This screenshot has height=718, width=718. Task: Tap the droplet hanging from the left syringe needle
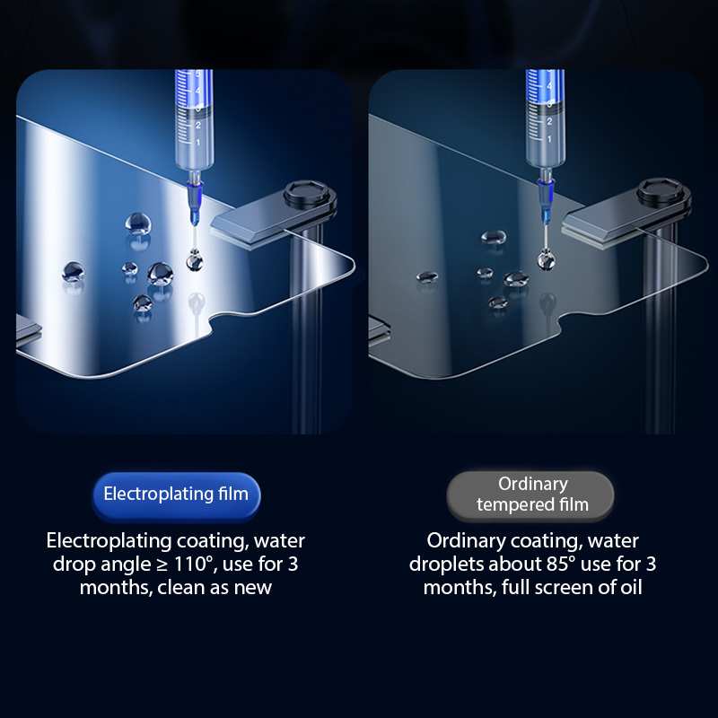[195, 260]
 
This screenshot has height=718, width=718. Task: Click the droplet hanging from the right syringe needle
[546, 259]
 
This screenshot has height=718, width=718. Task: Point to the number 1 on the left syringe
[198, 143]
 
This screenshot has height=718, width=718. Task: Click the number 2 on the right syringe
[549, 121]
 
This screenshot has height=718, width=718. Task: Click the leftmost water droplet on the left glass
[74, 272]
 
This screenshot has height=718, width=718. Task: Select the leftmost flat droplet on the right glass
[427, 276]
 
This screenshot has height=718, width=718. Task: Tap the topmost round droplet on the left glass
[138, 223]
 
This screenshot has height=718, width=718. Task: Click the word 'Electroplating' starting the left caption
[109, 541]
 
